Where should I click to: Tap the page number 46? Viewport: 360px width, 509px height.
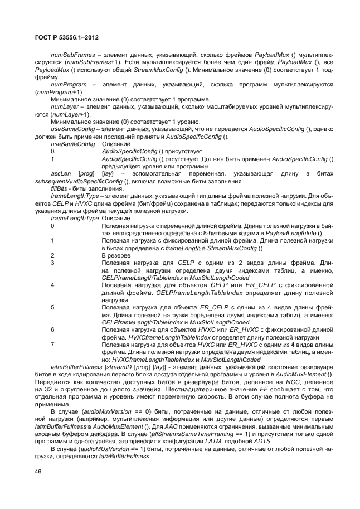coord(38,472)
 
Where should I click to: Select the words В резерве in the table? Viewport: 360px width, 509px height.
coord(115,255)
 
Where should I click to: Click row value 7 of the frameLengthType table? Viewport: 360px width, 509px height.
coord(52,345)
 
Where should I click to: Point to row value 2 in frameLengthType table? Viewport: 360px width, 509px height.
coord(52,255)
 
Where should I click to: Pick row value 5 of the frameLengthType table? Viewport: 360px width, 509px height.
coord(52,307)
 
